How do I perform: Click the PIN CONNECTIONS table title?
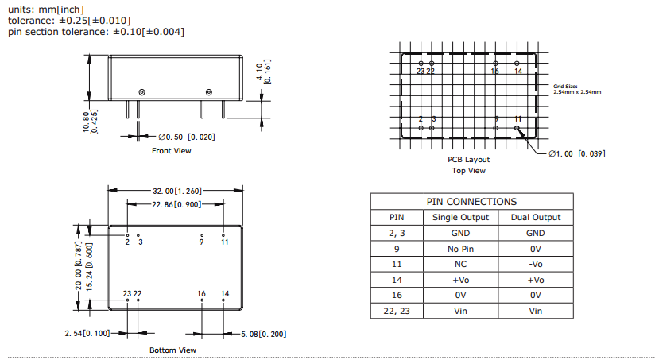coord(471,202)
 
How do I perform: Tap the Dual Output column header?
coord(535,217)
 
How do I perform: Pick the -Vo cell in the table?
coord(535,264)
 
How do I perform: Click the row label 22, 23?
coord(396,311)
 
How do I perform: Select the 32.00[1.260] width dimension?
coord(176,191)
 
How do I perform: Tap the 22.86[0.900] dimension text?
coord(176,204)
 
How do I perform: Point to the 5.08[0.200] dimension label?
coord(263,333)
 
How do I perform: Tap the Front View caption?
coord(172,150)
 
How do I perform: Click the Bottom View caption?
coord(172,350)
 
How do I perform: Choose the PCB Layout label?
coord(469,160)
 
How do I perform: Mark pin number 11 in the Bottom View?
coord(225,242)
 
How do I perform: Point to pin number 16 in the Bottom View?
coord(201,294)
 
